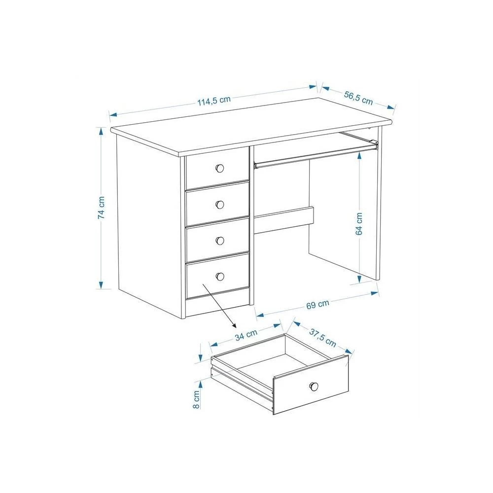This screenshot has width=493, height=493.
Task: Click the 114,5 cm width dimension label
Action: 214,101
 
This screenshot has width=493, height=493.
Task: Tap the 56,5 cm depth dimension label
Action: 358,98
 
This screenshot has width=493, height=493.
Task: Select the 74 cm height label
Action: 101,208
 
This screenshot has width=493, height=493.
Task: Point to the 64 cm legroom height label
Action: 359,223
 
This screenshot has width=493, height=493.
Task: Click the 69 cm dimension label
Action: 317,304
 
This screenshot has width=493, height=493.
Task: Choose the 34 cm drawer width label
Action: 246,335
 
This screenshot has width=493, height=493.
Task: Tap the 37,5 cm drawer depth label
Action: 322,337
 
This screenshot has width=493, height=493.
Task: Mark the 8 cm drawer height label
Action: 196,399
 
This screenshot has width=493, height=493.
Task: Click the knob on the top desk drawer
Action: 220,168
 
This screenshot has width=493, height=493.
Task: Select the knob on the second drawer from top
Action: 220,205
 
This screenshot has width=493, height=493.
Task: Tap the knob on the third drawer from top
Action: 220,241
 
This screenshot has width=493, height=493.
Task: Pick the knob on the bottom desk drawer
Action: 220,277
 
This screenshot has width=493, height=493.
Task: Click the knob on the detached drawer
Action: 314,387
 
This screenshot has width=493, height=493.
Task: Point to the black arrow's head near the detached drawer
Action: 233,325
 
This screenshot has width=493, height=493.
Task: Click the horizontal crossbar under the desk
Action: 284,220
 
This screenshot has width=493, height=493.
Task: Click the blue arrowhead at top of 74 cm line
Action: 101,131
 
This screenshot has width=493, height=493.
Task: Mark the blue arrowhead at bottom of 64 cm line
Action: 359,278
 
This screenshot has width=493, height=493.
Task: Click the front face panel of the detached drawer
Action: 311,385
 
